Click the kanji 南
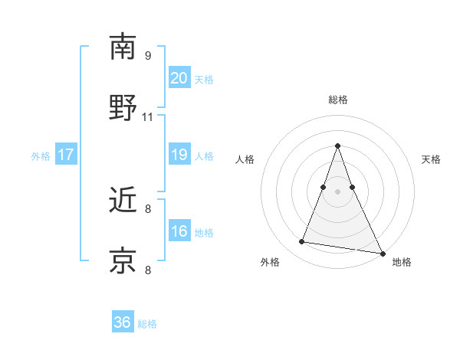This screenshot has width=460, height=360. click(x=123, y=47)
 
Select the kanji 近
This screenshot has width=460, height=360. click(x=123, y=201)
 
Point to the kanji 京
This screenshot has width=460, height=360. click(x=123, y=261)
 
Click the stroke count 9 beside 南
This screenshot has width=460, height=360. click(x=148, y=56)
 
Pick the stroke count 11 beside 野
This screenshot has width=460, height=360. click(x=148, y=117)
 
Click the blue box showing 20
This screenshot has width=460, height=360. click(x=179, y=78)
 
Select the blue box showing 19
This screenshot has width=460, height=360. click(x=179, y=155)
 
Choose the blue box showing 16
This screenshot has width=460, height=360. click(x=179, y=232)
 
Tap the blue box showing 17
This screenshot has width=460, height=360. click(x=66, y=155)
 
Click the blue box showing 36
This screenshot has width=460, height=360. click(x=123, y=323)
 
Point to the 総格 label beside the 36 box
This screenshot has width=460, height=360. click(x=147, y=324)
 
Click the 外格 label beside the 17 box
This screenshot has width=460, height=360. click(x=41, y=156)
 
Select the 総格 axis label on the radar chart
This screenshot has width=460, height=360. click(x=338, y=100)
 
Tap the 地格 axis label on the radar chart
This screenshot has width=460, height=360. click(x=402, y=263)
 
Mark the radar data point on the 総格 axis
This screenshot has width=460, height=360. click(x=338, y=146)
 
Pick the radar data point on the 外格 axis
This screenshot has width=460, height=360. click(x=302, y=242)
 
